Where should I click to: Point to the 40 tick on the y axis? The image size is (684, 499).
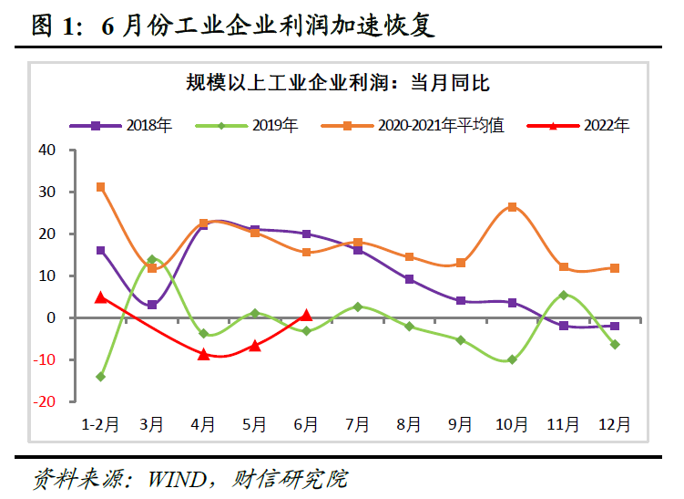[48, 150]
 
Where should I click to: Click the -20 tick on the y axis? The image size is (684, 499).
[45, 401]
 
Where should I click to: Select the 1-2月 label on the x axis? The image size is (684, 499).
[100, 424]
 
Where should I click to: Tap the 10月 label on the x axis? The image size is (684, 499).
[512, 424]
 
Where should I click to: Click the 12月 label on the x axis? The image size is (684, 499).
[615, 424]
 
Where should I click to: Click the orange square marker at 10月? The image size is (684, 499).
[512, 207]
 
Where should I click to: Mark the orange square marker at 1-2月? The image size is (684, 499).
[100, 187]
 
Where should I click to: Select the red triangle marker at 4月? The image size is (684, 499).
[203, 354]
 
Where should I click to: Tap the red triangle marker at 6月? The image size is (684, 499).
[306, 315]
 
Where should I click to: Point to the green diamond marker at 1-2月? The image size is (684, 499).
[100, 377]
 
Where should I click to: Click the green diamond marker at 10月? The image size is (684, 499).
[512, 359]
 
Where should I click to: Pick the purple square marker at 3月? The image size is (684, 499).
[152, 305]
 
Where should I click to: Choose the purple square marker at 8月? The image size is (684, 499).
[409, 279]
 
